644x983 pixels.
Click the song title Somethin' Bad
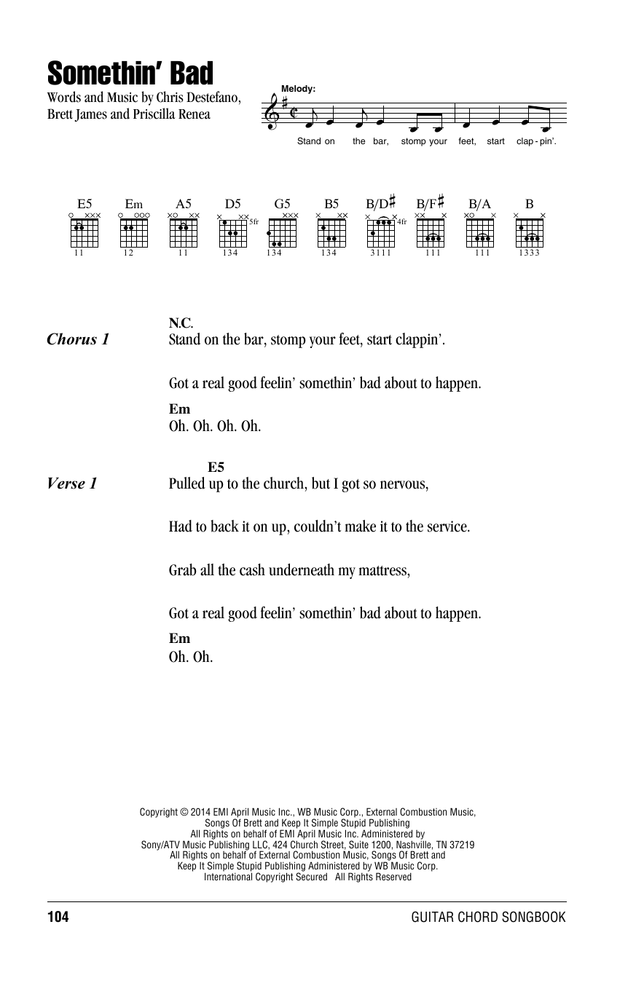click(x=130, y=74)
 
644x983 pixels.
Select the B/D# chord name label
click(x=380, y=204)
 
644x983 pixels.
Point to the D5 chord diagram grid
click(x=233, y=232)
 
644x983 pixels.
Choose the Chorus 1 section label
click(x=78, y=339)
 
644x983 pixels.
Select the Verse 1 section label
click(x=71, y=483)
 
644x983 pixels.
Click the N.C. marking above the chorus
click(x=180, y=323)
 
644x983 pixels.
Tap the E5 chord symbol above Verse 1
click(x=216, y=467)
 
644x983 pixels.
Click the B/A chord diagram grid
click(x=480, y=232)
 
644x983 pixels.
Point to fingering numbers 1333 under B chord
click(x=530, y=253)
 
